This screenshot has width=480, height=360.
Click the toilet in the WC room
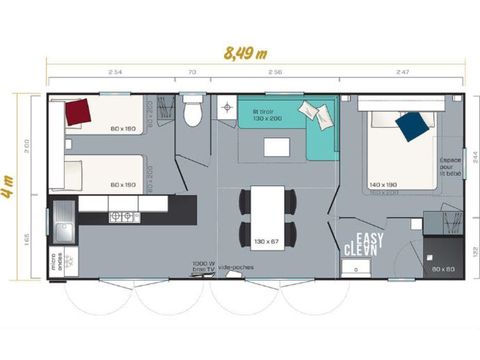[193, 114]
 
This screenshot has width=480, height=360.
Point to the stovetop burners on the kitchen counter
[122, 216]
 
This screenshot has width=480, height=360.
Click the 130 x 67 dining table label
[266, 241]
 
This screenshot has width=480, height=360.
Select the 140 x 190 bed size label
[384, 186]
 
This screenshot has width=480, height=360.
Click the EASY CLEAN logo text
[360, 243]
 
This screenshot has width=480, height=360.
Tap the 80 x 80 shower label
[444, 269]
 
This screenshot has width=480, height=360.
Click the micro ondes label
[57, 263]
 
